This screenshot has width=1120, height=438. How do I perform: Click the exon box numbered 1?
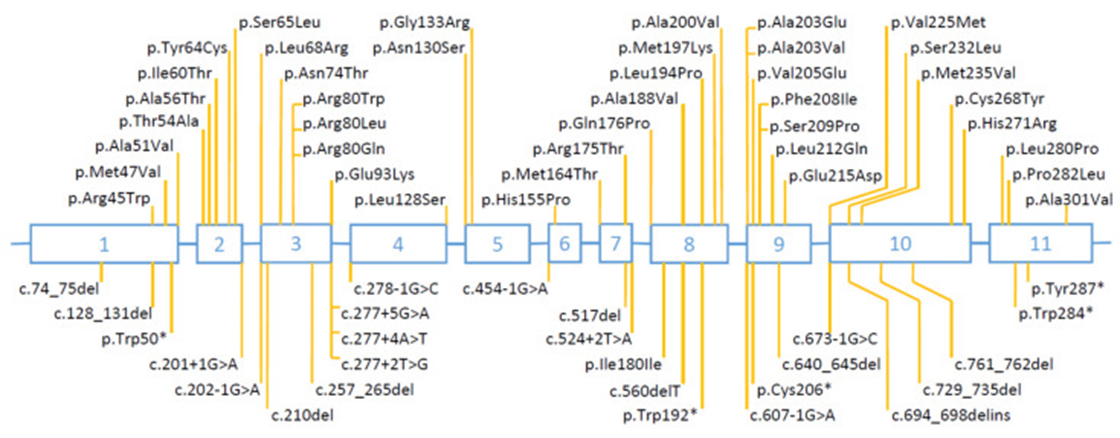pyautogui.click(x=104, y=244)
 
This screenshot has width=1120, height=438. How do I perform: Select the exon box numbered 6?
pyautogui.click(x=564, y=244)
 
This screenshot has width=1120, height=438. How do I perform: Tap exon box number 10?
pyautogui.click(x=900, y=244)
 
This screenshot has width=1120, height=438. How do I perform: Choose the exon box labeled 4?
pyautogui.click(x=398, y=244)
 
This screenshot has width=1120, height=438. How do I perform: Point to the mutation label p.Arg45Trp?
pyautogui.click(x=109, y=199)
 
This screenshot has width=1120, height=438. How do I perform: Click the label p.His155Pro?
pyautogui.click(x=526, y=200)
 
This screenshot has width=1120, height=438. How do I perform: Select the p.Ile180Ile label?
pyautogui.click(x=623, y=365)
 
